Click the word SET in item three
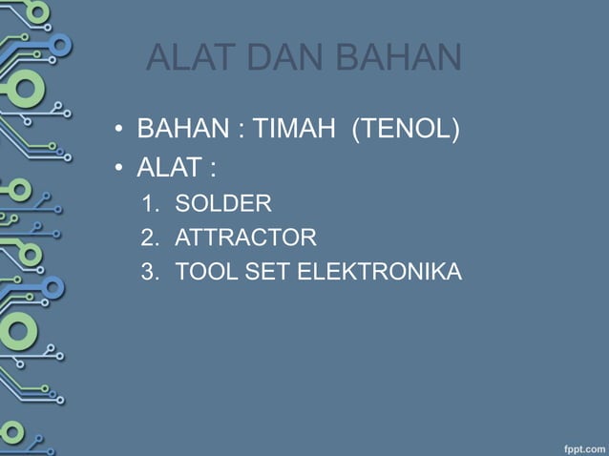271,272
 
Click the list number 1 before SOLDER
148,203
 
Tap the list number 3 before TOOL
148,272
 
